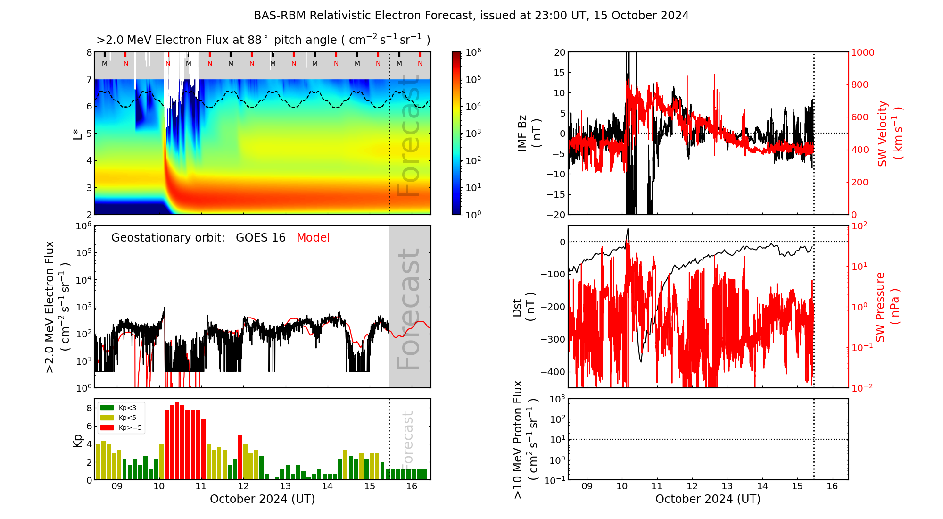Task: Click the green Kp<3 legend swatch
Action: pyautogui.click(x=107, y=408)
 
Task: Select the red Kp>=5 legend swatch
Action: pyautogui.click(x=107, y=428)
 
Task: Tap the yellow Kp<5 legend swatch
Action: pyautogui.click(x=107, y=418)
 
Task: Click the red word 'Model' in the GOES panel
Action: pyautogui.click(x=313, y=238)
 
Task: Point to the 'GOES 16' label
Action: pyautogui.click(x=261, y=238)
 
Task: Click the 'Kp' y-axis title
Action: pyautogui.click(x=78, y=440)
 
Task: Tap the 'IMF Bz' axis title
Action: pyautogui.click(x=529, y=134)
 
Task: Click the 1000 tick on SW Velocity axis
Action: pyautogui.click(x=862, y=52)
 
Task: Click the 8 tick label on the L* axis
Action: pyautogui.click(x=89, y=52)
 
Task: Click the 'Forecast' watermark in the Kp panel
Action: pyautogui.click(x=408, y=438)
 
